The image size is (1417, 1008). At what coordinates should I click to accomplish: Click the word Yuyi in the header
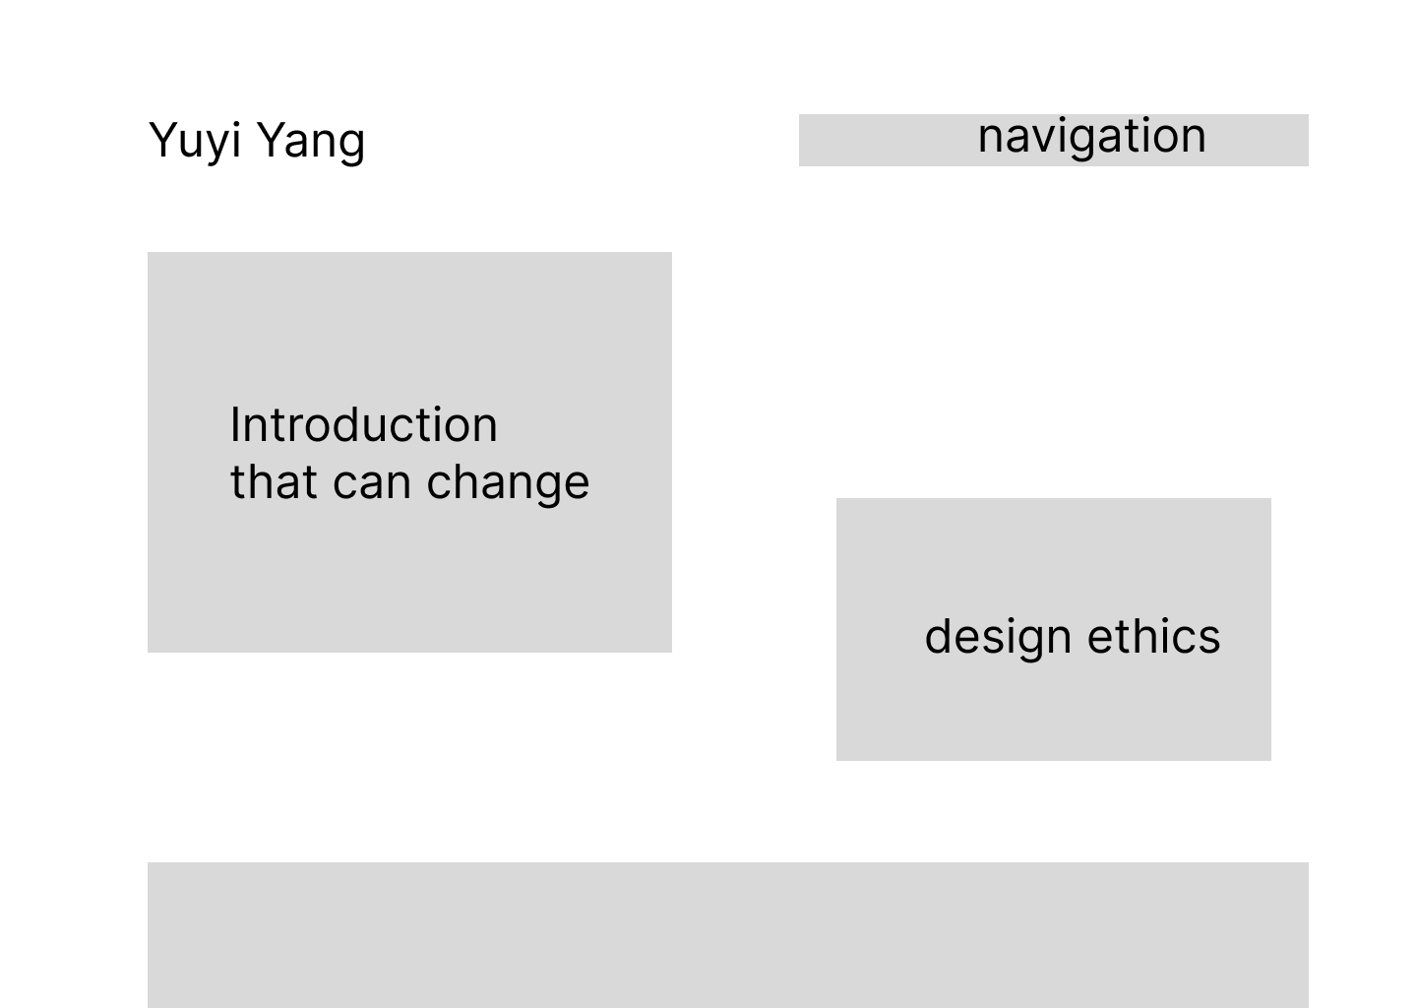coord(195,142)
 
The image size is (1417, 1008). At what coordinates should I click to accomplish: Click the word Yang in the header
coord(312,142)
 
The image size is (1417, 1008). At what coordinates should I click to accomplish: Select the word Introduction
coord(364,425)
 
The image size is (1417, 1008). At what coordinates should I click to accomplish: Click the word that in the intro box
coord(274,482)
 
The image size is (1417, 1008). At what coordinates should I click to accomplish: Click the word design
coord(998,639)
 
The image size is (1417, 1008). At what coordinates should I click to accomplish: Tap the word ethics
coord(1154,636)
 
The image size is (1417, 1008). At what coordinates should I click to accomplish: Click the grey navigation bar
coord(1053,141)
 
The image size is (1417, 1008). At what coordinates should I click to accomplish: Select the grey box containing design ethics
coord(1053,630)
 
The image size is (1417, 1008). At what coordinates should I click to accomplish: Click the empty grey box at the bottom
coord(728,935)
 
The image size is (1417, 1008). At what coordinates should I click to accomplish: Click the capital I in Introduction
coord(235,425)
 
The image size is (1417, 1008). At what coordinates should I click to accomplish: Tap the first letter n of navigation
coord(991,139)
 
